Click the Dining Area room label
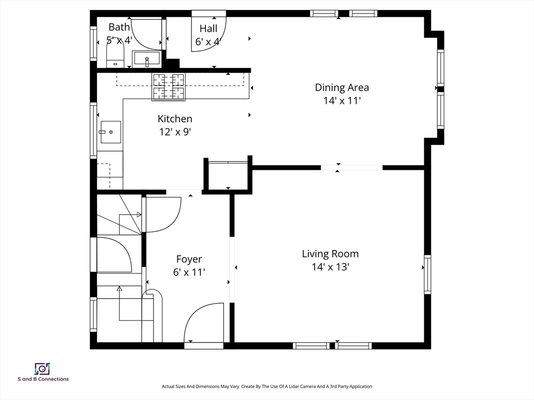tap(342, 87)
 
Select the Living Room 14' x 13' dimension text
tap(330, 267)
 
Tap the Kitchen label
tap(175, 119)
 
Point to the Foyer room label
tap(189, 259)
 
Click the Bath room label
tap(119, 27)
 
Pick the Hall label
tap(209, 29)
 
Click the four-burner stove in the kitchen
tap(168, 87)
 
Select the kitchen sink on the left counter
tap(111, 132)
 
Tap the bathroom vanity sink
tap(146, 58)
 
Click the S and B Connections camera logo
tap(43, 369)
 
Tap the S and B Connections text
tap(43, 379)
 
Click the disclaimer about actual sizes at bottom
tap(266, 386)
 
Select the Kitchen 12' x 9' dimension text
tap(175, 132)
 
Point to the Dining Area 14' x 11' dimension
tap(342, 101)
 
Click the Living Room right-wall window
tap(427, 274)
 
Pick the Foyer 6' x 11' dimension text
tap(189, 272)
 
